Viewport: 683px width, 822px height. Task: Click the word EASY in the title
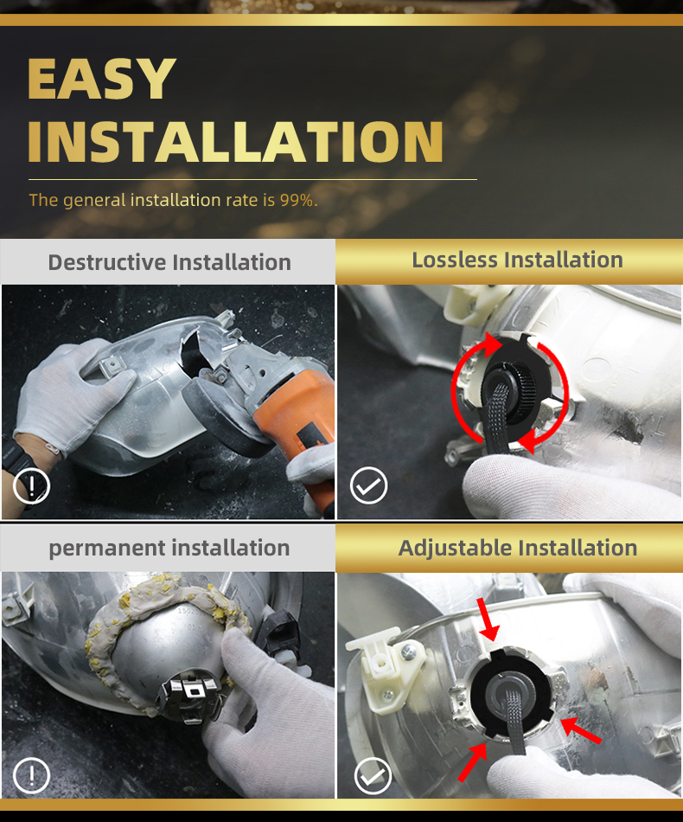click(102, 78)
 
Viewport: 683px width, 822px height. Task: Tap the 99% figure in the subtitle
click(298, 200)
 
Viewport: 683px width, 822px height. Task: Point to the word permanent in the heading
click(107, 549)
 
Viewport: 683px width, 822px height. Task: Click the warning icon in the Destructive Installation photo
click(31, 486)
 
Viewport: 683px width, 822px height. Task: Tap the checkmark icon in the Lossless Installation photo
click(369, 485)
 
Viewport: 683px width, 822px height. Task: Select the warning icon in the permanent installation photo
click(31, 775)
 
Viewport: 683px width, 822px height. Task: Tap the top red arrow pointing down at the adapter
click(487, 620)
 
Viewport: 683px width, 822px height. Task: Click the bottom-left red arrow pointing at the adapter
click(472, 761)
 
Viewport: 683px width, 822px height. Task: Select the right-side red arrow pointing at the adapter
click(581, 730)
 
